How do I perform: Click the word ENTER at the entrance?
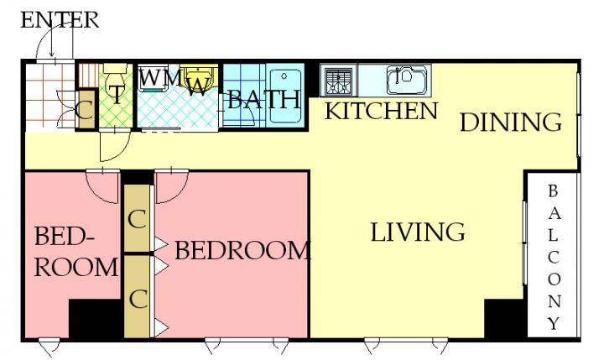[x=60, y=20]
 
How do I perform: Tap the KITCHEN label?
[x=382, y=111]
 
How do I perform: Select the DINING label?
[x=511, y=123]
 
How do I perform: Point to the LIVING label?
[x=418, y=232]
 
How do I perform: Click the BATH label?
[x=264, y=100]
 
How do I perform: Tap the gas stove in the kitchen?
[x=339, y=81]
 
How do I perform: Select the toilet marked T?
[x=116, y=83]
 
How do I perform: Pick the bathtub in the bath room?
[x=284, y=96]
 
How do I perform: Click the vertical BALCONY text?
[x=554, y=258]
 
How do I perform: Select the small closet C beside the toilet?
[x=86, y=110]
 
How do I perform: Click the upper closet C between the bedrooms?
[x=137, y=218]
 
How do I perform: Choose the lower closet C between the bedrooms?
[x=138, y=297]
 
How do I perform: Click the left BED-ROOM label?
[x=75, y=252]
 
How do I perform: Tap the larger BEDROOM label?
[x=242, y=251]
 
